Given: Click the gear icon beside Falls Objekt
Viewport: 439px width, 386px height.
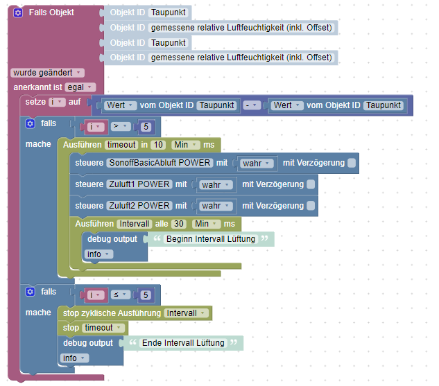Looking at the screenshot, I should (18, 13).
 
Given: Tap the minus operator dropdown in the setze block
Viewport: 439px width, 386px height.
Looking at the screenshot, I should (250, 105).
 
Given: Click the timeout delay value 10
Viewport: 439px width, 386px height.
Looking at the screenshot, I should (159, 145).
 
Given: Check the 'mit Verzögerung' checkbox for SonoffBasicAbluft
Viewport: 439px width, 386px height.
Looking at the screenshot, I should (352, 164).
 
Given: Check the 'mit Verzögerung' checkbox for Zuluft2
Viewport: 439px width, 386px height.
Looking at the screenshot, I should (311, 205).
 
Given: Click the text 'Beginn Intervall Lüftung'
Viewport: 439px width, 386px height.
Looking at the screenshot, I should (211, 239).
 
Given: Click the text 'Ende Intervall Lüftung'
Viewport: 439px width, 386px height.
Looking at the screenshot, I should (182, 343).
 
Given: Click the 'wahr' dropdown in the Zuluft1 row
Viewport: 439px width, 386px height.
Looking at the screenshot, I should (215, 184).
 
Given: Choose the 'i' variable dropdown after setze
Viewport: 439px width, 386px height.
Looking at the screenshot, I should (57, 102).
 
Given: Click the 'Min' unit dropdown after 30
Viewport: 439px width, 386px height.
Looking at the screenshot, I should (205, 224).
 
